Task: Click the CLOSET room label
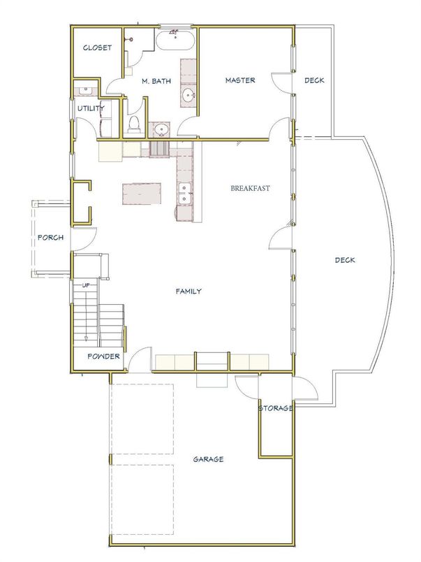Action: tap(97, 48)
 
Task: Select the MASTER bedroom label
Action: tap(239, 80)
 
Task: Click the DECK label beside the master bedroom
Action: tap(314, 80)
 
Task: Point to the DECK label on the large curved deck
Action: tap(345, 261)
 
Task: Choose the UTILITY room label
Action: tap(91, 108)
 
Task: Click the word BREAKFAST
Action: tap(251, 188)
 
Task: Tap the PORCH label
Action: tap(51, 238)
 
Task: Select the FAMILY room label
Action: tap(189, 291)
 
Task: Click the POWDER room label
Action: tap(103, 356)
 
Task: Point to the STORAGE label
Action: tap(275, 408)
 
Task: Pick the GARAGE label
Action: tap(208, 459)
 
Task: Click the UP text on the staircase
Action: tap(85, 286)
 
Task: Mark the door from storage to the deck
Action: tap(302, 387)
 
